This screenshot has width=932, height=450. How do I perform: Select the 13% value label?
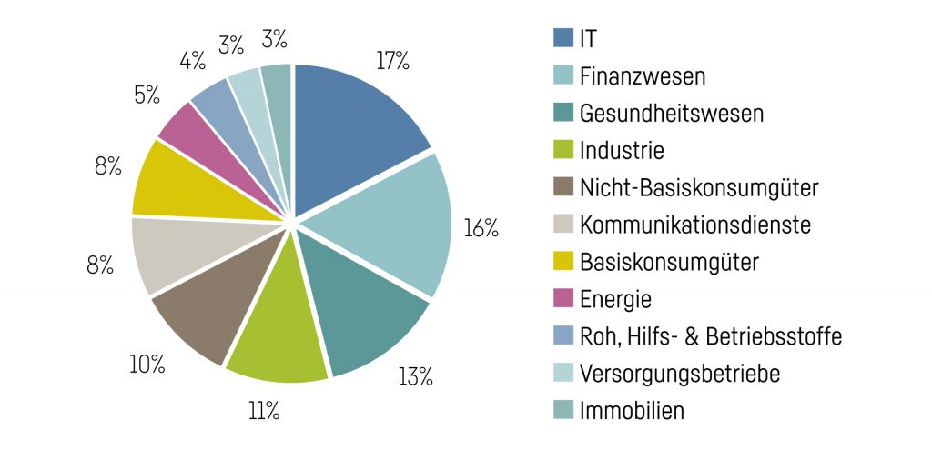pos(414,376)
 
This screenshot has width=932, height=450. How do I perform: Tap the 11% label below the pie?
pos(263,411)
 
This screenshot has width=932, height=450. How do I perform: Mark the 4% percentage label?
pos(192,62)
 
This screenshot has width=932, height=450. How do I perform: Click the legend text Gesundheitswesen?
pos(672,114)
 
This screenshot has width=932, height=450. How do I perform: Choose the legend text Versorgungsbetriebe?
pos(679,374)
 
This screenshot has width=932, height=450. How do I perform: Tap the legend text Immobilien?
pos(632,411)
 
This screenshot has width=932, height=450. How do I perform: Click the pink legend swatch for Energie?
pos(562,299)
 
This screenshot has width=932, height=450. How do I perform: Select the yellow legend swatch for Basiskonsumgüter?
pos(562,262)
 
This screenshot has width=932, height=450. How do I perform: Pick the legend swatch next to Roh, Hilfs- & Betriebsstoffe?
pos(562,336)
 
